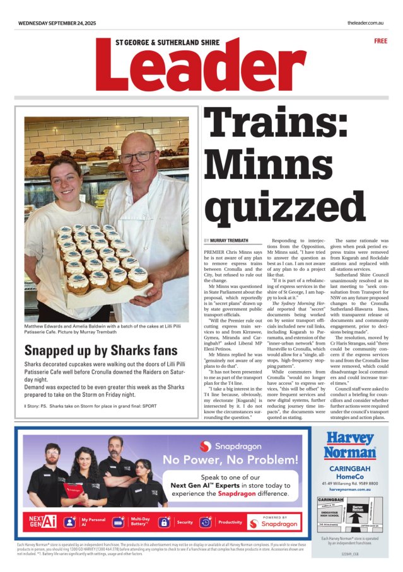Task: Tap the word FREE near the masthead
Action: (380, 41)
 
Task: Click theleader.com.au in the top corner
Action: (366, 23)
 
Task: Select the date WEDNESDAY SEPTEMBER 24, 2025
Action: (57, 23)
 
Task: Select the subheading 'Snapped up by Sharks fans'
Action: (86, 351)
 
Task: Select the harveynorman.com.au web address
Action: (349, 489)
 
